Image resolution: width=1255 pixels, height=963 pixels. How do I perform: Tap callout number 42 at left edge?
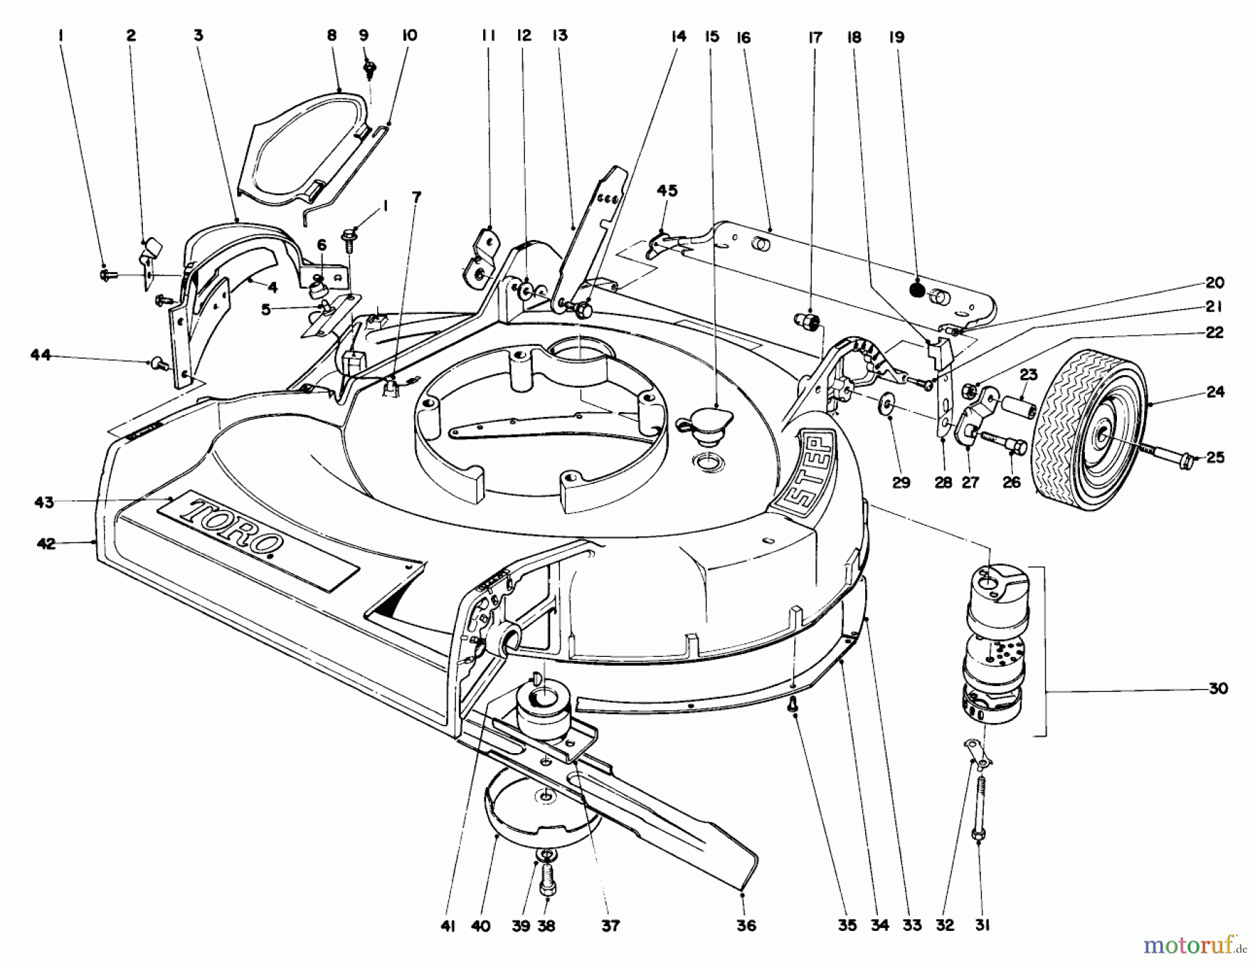[x=46, y=544]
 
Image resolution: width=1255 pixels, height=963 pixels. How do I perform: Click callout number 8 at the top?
[x=332, y=36]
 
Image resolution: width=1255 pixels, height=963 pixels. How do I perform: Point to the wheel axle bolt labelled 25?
[x=1171, y=456]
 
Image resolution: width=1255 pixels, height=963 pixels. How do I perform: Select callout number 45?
[x=667, y=190]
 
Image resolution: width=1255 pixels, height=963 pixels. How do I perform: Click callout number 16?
[x=743, y=38]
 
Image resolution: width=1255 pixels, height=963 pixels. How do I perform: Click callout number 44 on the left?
[x=40, y=356]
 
